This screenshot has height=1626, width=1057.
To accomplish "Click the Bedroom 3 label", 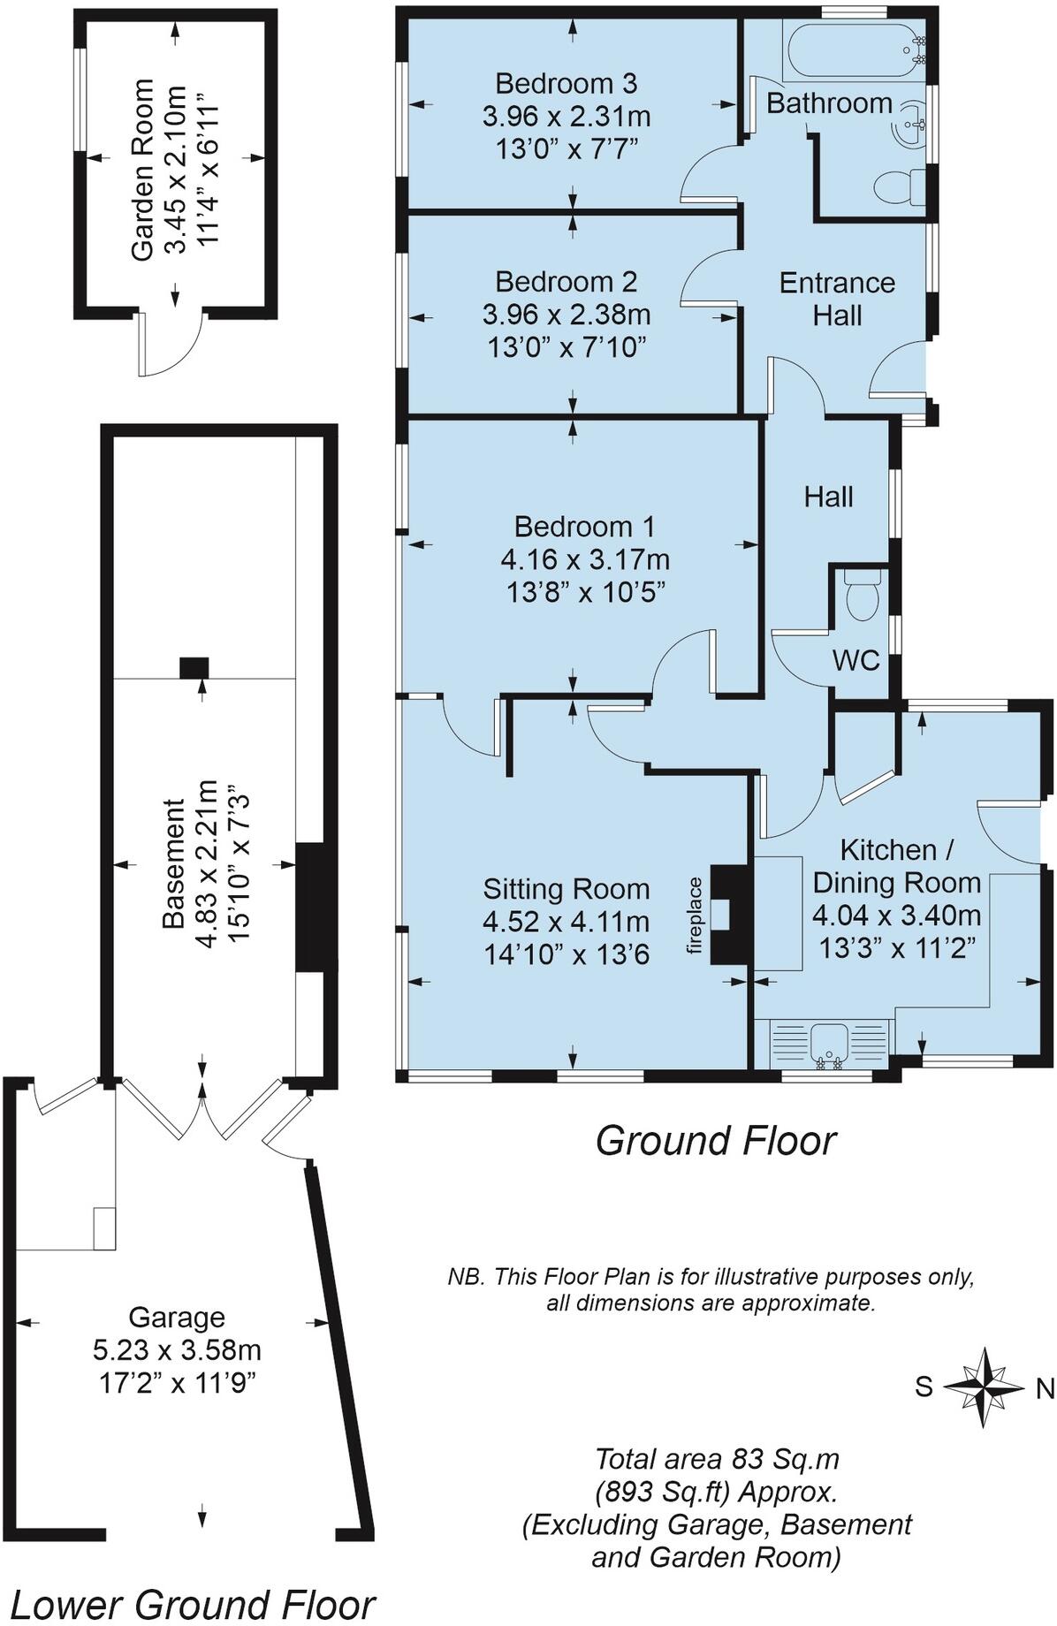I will click(x=566, y=84).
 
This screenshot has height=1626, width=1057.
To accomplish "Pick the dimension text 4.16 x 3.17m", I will click(x=585, y=559).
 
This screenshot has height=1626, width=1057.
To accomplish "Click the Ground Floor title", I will click(x=715, y=1140).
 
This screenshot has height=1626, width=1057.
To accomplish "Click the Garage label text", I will click(x=177, y=1318).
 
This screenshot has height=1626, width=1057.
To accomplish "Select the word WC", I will click(x=856, y=659).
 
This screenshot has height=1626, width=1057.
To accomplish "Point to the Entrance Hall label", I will click(x=837, y=299).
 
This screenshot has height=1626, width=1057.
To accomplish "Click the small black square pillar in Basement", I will click(x=194, y=667).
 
